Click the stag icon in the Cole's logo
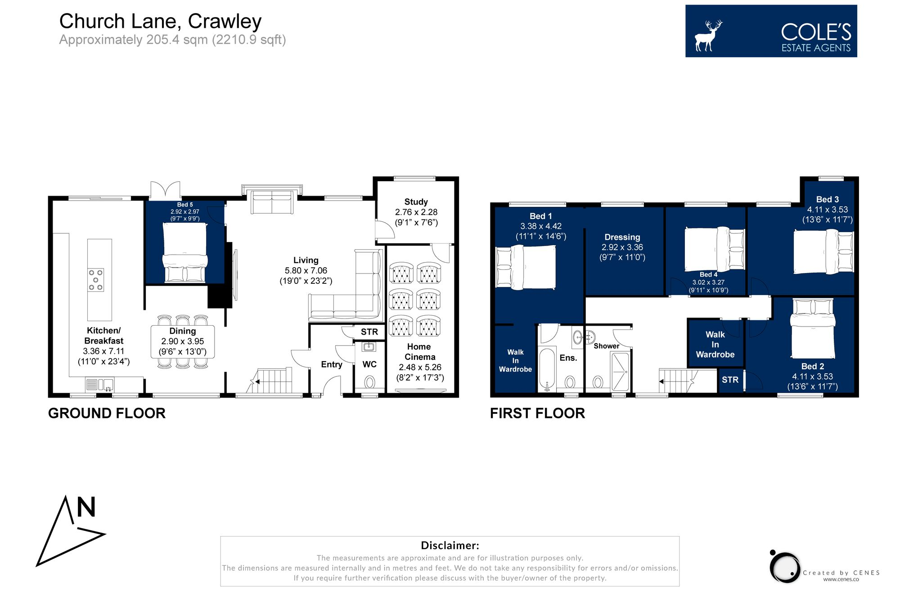708,35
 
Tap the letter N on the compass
86,507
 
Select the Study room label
416,202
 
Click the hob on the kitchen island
95,280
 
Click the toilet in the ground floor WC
369,382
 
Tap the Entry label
332,364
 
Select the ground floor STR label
369,332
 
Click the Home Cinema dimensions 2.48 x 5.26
420,367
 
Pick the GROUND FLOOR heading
107,413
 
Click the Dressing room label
622,237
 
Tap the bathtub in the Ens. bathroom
547,369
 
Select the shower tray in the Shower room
620,372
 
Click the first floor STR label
730,380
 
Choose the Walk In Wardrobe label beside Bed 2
715,345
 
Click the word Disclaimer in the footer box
450,546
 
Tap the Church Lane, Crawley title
160,21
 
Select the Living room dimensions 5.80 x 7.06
306,271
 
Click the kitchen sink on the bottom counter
106,385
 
